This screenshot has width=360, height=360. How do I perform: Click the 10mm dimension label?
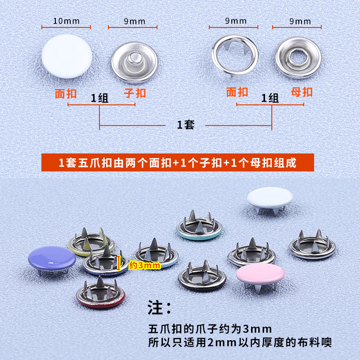(x=66, y=21)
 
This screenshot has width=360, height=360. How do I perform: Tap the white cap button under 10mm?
(x=66, y=59)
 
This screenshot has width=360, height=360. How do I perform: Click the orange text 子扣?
(x=135, y=93)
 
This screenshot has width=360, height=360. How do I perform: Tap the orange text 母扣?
(x=301, y=92)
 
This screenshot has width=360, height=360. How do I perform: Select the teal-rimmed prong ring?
(x=199, y=227)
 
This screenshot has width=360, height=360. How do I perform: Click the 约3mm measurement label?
(x=144, y=265)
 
